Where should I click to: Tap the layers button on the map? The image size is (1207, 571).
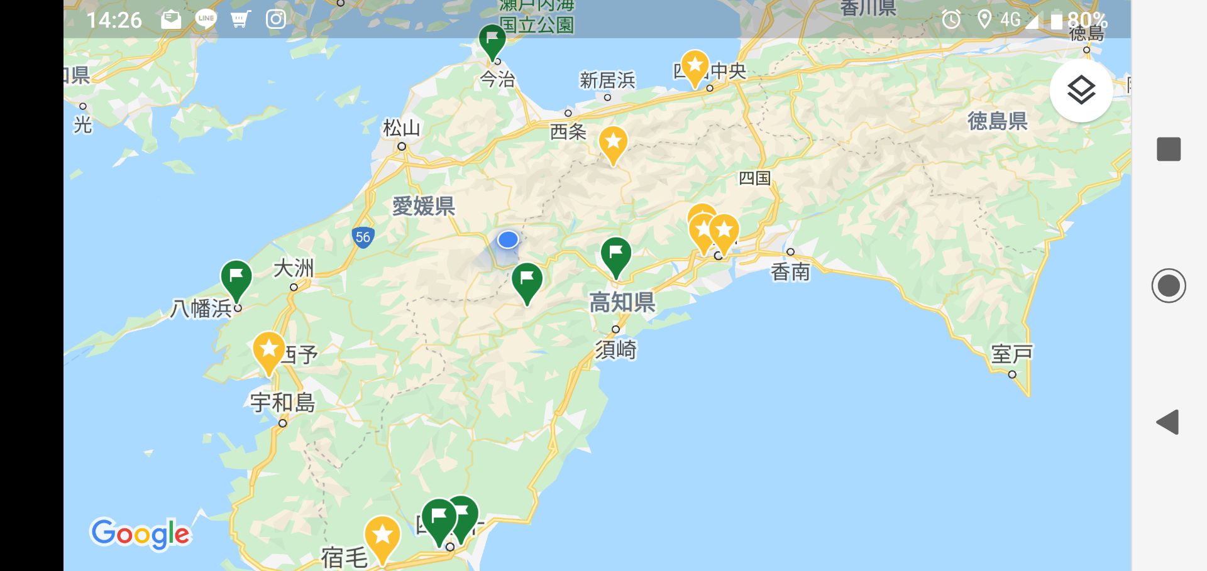coord(1081,90)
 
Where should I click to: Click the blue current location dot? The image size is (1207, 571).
coord(507,239)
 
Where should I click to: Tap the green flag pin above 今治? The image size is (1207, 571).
coord(492,40)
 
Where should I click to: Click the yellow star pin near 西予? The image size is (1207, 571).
coord(268,351)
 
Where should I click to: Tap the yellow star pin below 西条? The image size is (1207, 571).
coord(613,144)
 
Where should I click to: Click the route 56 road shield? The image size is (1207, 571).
coord(363,237)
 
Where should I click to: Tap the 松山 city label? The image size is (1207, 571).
coord(401,128)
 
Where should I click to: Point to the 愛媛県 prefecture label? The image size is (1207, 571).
coord(423,206)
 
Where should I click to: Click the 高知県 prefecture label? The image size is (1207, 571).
coord(622,303)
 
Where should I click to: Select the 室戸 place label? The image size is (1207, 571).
coord(1011,354)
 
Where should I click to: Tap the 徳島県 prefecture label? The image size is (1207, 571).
coord(997,121)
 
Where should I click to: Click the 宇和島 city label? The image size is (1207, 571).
coord(282,403)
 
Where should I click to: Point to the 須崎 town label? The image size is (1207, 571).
coord(616,349)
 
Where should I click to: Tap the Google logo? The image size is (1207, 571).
coord(140,534)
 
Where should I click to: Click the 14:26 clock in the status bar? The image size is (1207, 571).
coord(114,20)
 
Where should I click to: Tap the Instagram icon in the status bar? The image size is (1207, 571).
coord(276,19)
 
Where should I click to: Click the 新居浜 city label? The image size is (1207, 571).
coord(607,80)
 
